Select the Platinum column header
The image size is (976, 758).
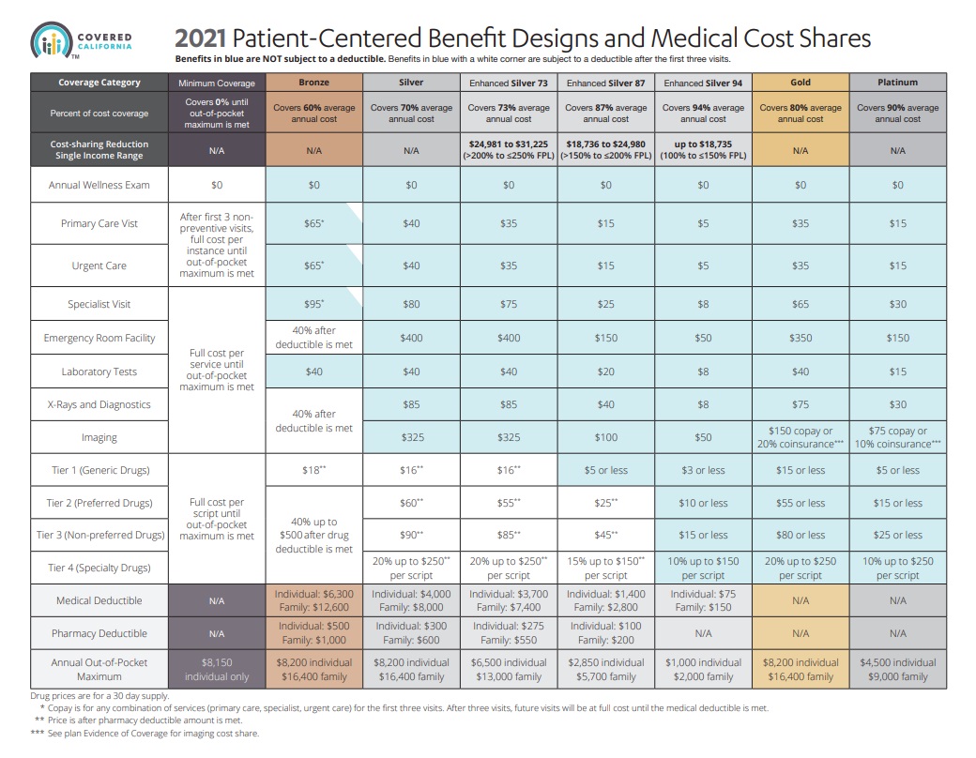(x=897, y=83)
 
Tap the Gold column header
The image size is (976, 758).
(x=800, y=83)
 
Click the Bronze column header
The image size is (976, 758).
(x=314, y=83)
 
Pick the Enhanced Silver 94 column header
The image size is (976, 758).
(x=703, y=83)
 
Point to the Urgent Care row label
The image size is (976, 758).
(x=99, y=265)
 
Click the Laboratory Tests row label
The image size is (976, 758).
(x=99, y=371)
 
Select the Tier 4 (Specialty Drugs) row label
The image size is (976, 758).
(x=99, y=568)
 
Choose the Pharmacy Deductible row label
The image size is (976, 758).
(x=99, y=633)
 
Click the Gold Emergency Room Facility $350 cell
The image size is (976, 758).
(x=800, y=338)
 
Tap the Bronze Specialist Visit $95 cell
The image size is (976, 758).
(x=314, y=304)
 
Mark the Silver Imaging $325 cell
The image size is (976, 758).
(x=411, y=437)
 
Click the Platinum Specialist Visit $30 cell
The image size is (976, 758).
(x=897, y=304)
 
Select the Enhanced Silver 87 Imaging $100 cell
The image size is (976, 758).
(x=605, y=437)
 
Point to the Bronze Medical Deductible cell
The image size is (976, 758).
(x=314, y=600)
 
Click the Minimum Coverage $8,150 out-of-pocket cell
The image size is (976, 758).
(x=217, y=669)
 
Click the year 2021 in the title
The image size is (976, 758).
(x=200, y=38)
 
